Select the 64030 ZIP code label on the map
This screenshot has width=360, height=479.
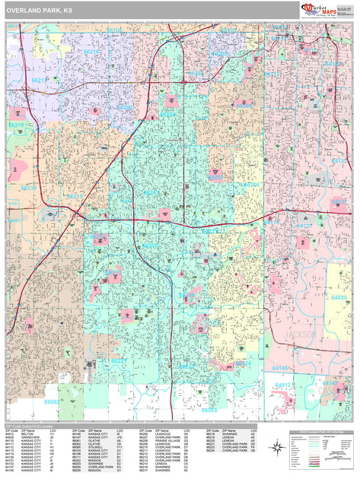(339, 298)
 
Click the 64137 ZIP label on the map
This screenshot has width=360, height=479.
(304, 226)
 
